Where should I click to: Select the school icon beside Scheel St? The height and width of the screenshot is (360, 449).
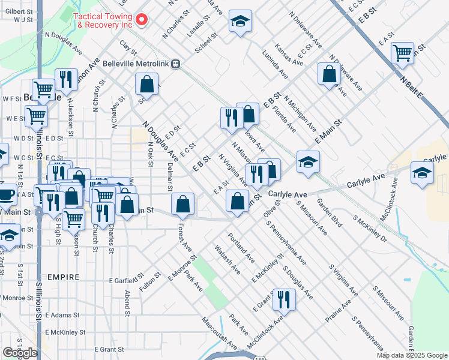point(240,22)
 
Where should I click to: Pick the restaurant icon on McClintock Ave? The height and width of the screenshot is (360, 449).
point(284,299)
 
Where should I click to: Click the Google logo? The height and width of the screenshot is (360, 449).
point(20,352)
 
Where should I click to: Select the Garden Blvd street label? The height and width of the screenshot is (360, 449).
point(330,213)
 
